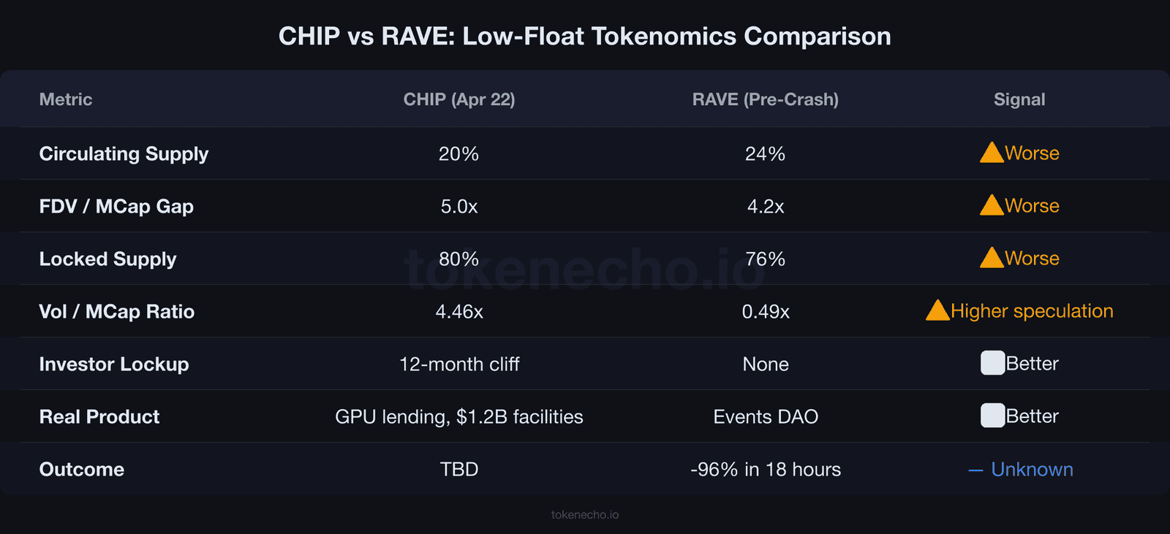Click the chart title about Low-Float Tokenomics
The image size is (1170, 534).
click(x=584, y=36)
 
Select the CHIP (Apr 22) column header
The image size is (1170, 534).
click(x=459, y=99)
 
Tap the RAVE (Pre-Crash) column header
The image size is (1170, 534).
click(x=765, y=99)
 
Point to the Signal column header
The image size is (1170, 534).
click(x=1019, y=99)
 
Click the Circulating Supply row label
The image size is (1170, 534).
click(x=124, y=153)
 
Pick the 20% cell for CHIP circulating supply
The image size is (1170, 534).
click(x=458, y=153)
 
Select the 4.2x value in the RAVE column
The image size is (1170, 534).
click(x=765, y=207)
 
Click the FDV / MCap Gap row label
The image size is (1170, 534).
click(x=116, y=207)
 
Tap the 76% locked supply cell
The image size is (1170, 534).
click(x=765, y=259)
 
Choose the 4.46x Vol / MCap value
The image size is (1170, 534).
click(x=459, y=312)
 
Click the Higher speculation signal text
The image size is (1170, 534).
click(x=1032, y=311)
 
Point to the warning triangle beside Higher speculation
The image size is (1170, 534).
click(x=937, y=311)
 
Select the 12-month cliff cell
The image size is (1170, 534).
click(x=459, y=364)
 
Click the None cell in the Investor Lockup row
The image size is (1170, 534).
click(x=765, y=364)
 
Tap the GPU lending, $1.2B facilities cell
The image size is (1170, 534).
click(x=459, y=416)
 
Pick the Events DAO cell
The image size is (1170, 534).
click(x=765, y=416)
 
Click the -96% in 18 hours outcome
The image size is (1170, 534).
click(x=765, y=469)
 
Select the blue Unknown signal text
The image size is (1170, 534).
click(x=1031, y=469)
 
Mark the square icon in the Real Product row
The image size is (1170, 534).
click(x=992, y=416)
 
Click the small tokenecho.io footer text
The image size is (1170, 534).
click(x=584, y=515)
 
